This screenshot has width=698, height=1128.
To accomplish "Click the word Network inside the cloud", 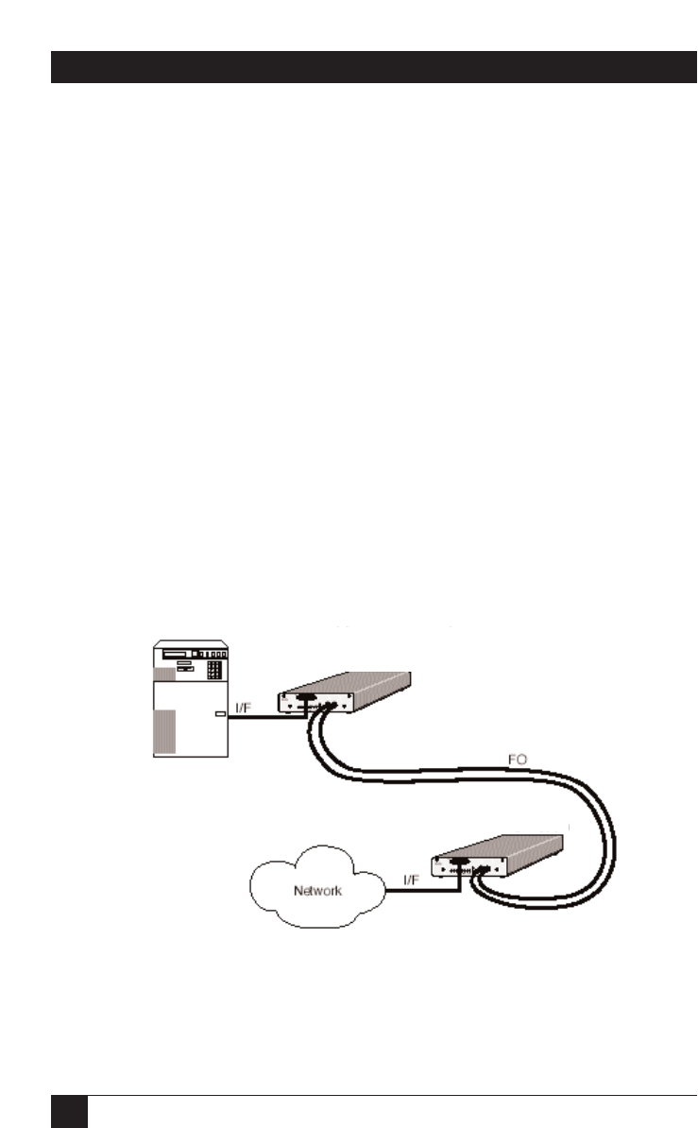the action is pos(318,890).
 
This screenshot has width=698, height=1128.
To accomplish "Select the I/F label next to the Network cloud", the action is pos(412,880).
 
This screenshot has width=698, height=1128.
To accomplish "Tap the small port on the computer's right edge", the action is pos(220,716).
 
